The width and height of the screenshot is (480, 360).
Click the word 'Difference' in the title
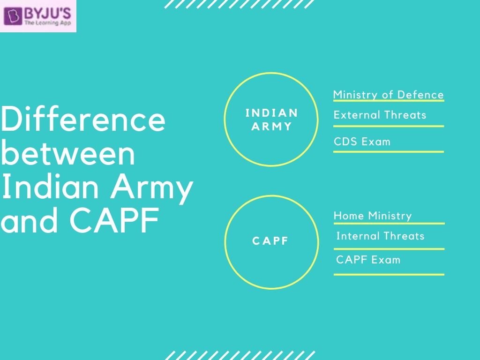pyautogui.click(x=83, y=120)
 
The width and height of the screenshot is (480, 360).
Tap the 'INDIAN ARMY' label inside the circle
pyautogui.click(x=271, y=120)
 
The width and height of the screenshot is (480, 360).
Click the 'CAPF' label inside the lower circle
pyautogui.click(x=271, y=241)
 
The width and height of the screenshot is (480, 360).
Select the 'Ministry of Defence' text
pyautogui.click(x=388, y=95)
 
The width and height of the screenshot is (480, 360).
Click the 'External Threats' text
pyautogui.click(x=380, y=115)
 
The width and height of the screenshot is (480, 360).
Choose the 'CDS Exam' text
pyautogui.click(x=362, y=142)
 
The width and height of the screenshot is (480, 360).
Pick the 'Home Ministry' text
pyautogui.click(x=373, y=216)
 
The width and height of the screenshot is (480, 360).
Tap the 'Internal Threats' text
pyautogui.click(x=380, y=236)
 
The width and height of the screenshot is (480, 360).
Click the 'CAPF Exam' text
pyautogui.click(x=368, y=259)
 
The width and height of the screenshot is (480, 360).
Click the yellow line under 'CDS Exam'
pyautogui.click(x=388, y=152)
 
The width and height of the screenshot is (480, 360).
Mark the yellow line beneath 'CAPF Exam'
pyautogui.click(x=389, y=274)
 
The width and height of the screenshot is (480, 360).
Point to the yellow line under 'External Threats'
pyautogui.click(x=388, y=126)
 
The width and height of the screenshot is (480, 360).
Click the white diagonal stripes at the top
pyautogui.click(x=240, y=4)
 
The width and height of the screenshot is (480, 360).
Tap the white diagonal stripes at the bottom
pyautogui.click(x=240, y=355)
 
